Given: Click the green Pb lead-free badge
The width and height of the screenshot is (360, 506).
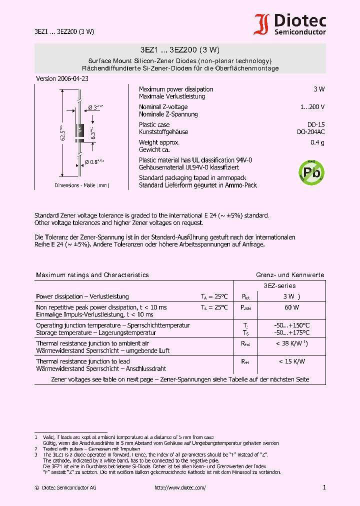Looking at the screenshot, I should coord(311,172).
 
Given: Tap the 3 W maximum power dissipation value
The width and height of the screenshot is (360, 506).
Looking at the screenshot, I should coord(318,89).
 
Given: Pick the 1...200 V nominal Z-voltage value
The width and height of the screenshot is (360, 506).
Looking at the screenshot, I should coord(312,107).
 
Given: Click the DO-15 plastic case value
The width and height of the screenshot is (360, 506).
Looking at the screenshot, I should coord(315,124).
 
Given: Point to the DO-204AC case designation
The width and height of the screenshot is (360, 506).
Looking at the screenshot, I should coord(310,132).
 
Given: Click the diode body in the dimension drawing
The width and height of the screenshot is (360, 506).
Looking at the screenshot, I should coord(78,131).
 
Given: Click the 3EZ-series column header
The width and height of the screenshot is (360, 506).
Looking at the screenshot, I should coord(279,286).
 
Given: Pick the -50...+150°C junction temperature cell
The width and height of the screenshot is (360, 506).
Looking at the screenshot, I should coord(292,325).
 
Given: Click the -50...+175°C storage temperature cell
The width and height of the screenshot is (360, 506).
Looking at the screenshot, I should coord(292,332).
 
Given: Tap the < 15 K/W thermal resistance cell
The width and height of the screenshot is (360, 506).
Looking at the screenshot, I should coord(292,361).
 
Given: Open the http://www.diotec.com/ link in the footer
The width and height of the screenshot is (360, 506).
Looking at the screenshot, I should coord(180,487).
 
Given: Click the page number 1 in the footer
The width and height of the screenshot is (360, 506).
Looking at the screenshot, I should coord(324,487).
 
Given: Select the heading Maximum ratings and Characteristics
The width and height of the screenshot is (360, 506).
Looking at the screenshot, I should coord(92,275).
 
